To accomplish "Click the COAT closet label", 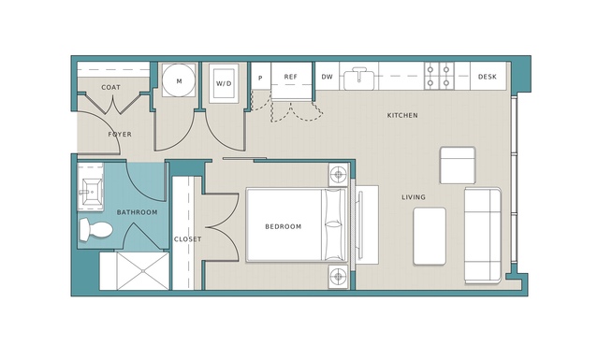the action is click(x=110, y=88).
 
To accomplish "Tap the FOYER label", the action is click(x=120, y=134).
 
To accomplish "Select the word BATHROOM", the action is click(x=137, y=212).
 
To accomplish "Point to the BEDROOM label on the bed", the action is click(x=284, y=226).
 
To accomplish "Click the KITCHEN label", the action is click(x=402, y=115).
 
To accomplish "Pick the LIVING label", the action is click(x=414, y=197).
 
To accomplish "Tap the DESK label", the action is click(x=488, y=77).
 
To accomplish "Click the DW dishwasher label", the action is click(x=327, y=77).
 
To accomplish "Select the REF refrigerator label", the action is click(x=291, y=77).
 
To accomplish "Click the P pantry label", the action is click(x=260, y=79).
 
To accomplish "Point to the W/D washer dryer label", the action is click(x=224, y=83).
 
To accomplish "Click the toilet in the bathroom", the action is click(x=95, y=229).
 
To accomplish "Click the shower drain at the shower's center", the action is click(x=143, y=271).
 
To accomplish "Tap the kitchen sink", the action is click(x=358, y=79).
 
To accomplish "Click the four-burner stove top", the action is click(x=439, y=76).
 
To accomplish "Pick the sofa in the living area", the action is click(x=483, y=236).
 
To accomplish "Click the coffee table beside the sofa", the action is click(x=430, y=236).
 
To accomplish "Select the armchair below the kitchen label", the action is click(x=458, y=165).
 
